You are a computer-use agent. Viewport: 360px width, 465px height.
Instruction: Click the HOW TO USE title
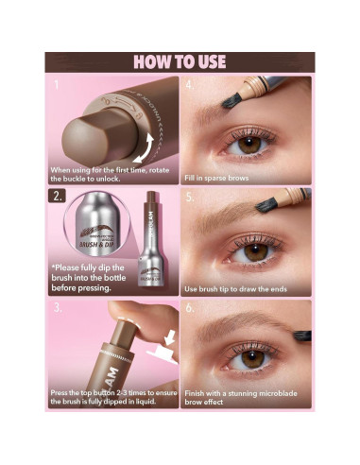180,62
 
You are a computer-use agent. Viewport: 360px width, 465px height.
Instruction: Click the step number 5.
190,198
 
